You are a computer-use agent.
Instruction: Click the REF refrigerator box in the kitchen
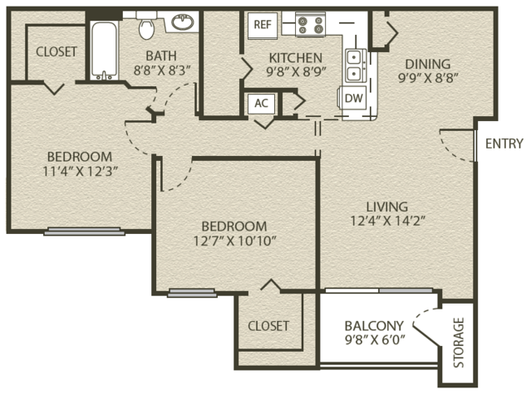point(263,25)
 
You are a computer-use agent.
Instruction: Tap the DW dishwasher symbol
point(353,99)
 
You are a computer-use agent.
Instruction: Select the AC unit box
point(261,103)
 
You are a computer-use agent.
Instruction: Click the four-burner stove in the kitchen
point(310,24)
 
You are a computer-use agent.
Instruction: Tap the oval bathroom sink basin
point(183,22)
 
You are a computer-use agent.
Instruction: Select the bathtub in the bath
point(104,51)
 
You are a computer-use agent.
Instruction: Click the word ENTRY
point(504,143)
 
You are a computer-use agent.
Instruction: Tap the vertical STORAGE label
point(458,343)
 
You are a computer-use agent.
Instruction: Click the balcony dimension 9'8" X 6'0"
point(375,339)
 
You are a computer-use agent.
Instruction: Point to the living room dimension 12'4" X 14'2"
point(387,221)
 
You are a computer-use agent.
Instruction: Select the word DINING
point(428,64)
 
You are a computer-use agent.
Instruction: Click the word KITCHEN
point(296,58)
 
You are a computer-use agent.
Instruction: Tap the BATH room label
point(161,56)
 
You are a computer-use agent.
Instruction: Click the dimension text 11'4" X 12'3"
point(80,172)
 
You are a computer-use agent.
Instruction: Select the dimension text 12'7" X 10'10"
point(234,241)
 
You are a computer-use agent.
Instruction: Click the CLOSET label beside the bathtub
point(57,51)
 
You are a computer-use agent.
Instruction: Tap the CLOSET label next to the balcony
point(268,326)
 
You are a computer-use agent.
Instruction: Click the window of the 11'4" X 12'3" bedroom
point(84,231)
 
